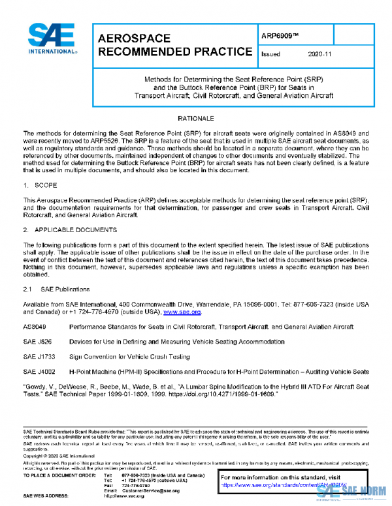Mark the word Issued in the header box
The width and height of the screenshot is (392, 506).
tap(270, 55)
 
